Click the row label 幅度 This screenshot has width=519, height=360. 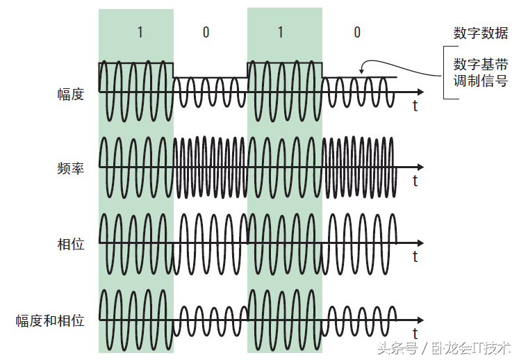(x=70, y=94)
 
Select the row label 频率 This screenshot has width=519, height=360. (x=70, y=168)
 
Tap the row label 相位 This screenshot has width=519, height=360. (x=70, y=245)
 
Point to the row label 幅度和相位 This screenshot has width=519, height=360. (x=50, y=320)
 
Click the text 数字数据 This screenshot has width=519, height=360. (x=480, y=33)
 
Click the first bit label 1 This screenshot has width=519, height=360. (x=140, y=33)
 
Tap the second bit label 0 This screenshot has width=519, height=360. (x=206, y=33)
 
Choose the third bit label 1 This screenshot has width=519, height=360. (x=280, y=33)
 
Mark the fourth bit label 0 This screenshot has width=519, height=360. (x=356, y=33)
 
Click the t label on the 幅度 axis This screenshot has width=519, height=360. (x=415, y=106)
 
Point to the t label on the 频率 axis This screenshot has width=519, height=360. (x=415, y=181)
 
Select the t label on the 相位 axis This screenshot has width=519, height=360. (x=415, y=257)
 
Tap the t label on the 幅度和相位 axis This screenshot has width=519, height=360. (x=415, y=333)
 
